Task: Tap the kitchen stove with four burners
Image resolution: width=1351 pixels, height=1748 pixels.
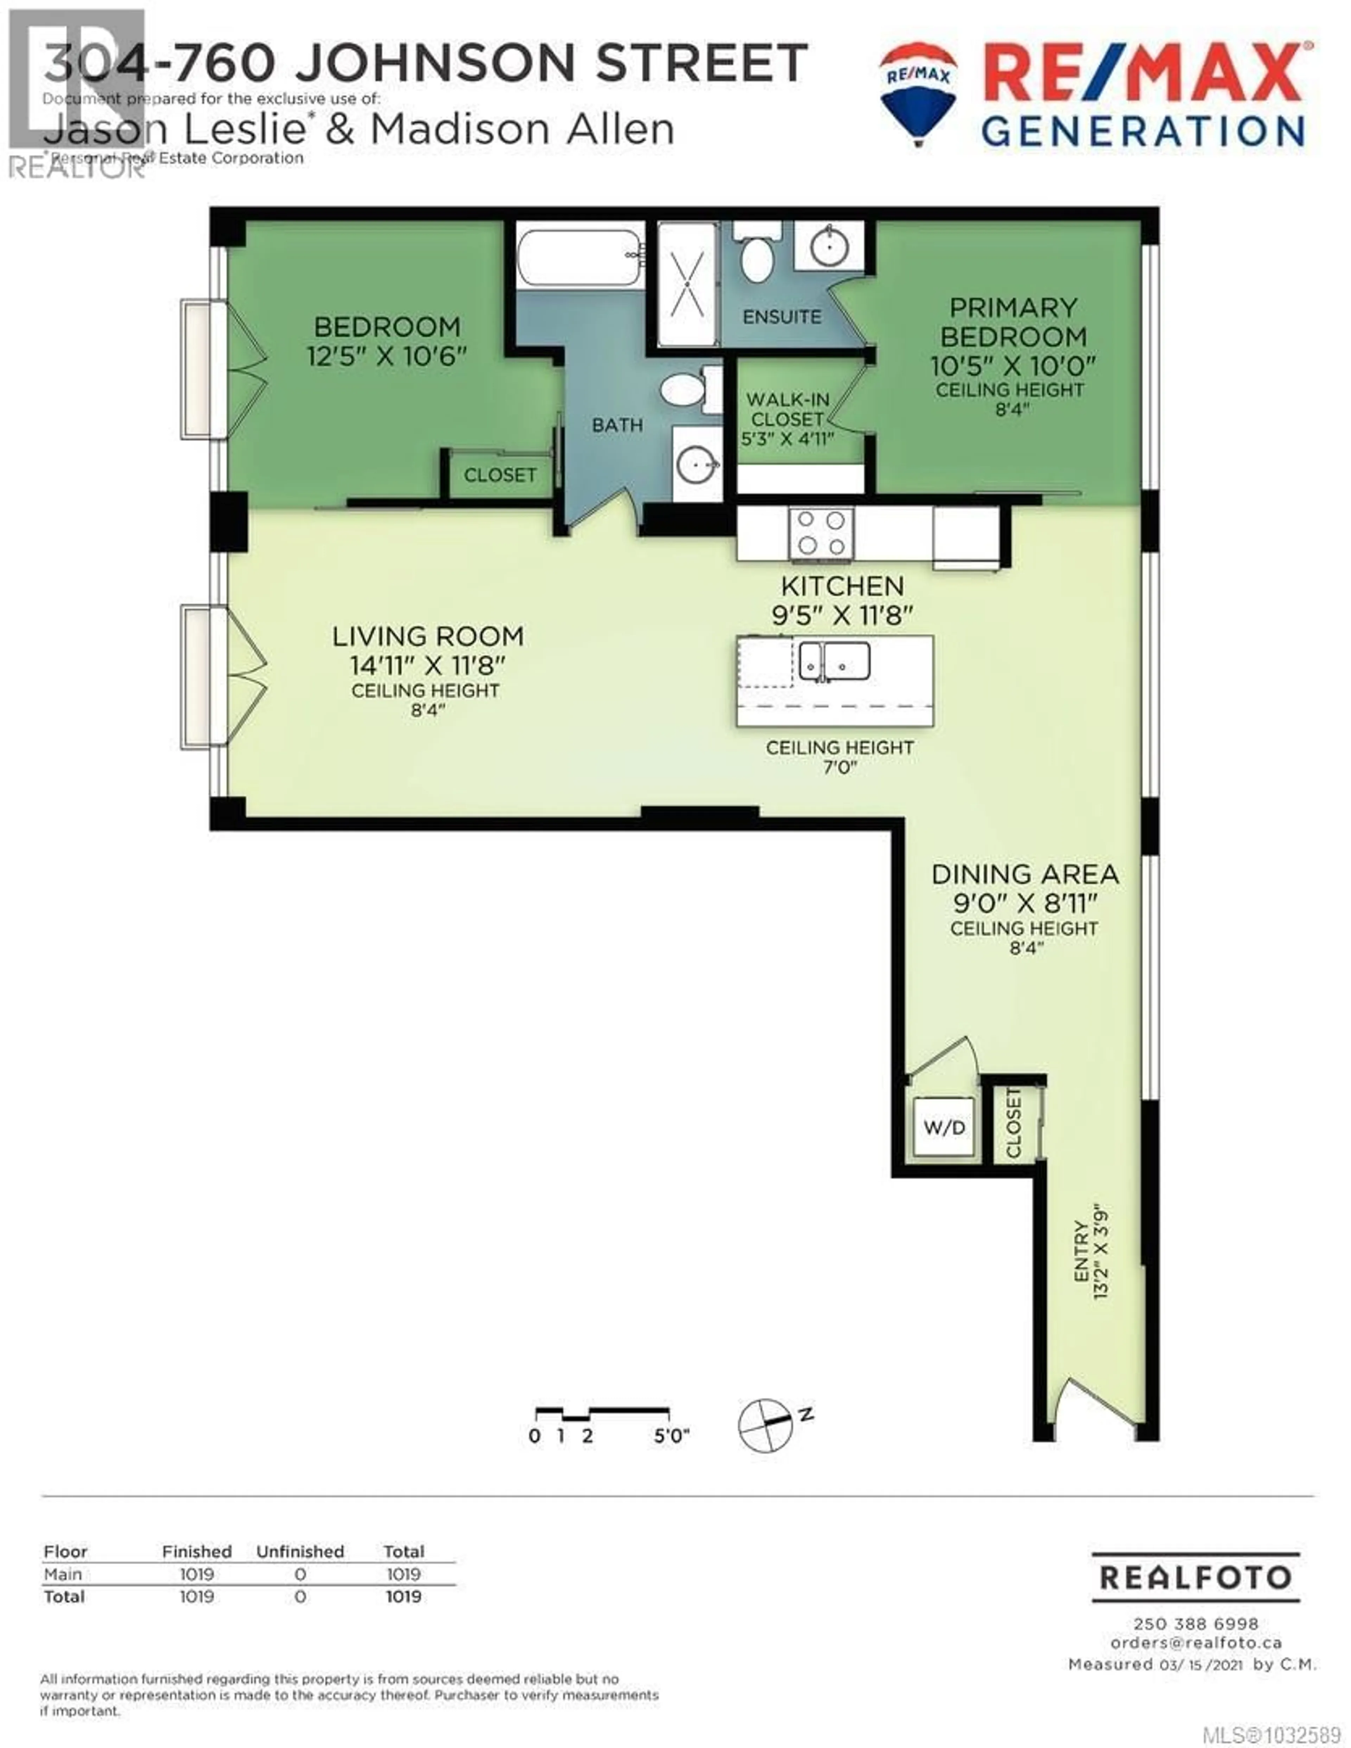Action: coord(821,533)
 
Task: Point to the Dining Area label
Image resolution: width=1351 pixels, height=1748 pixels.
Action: coord(1025,874)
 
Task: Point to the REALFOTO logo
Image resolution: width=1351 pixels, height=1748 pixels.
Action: coord(1196,1577)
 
